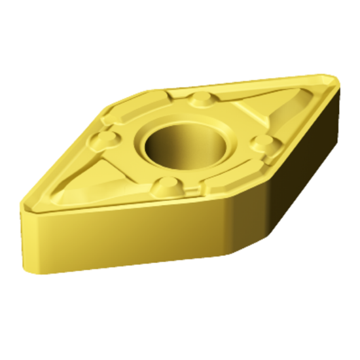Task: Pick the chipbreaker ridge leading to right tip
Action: (x=295, y=105)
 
